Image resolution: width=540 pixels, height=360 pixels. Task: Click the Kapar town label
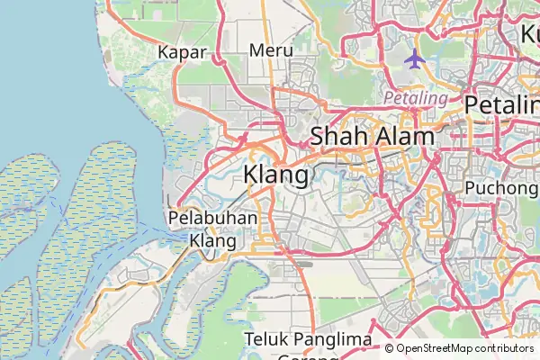[182, 51]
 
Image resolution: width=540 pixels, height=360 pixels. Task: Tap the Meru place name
[272, 50]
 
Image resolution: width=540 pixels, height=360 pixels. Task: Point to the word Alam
[405, 138]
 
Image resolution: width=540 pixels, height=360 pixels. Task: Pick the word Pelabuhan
[212, 219]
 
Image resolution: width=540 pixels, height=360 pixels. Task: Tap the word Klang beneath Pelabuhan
[212, 241]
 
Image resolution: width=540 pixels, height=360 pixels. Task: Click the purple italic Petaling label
[416, 97]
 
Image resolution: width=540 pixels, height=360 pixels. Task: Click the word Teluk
[267, 339]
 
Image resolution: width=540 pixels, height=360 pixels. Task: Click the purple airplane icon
[414, 59]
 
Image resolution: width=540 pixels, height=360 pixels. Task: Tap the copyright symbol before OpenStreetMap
[390, 349]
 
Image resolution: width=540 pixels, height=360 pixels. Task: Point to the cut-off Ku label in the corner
[528, 34]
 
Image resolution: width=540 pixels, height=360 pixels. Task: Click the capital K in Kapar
[164, 51]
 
